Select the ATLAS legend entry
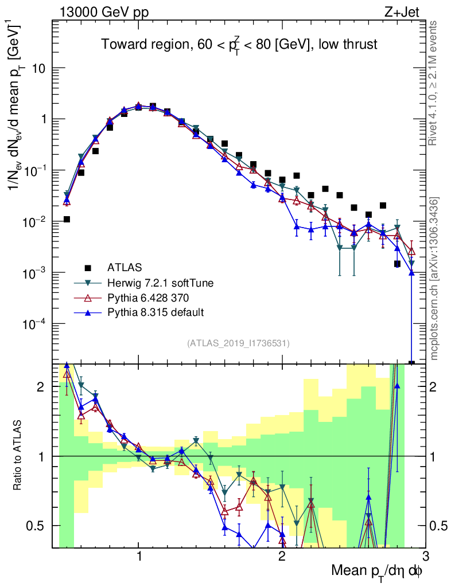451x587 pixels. pyautogui.click(x=124, y=267)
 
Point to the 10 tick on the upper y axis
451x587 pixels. pyautogui.click(x=39, y=68)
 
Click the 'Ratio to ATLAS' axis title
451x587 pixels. pyautogui.click(x=19, y=456)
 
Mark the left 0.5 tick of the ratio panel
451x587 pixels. pyautogui.click(x=40, y=526)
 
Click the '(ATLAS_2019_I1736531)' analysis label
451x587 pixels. pyautogui.click(x=238, y=343)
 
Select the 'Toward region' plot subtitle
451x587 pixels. pyautogui.click(x=239, y=44)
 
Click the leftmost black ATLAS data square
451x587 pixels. pyautogui.click(x=67, y=219)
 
